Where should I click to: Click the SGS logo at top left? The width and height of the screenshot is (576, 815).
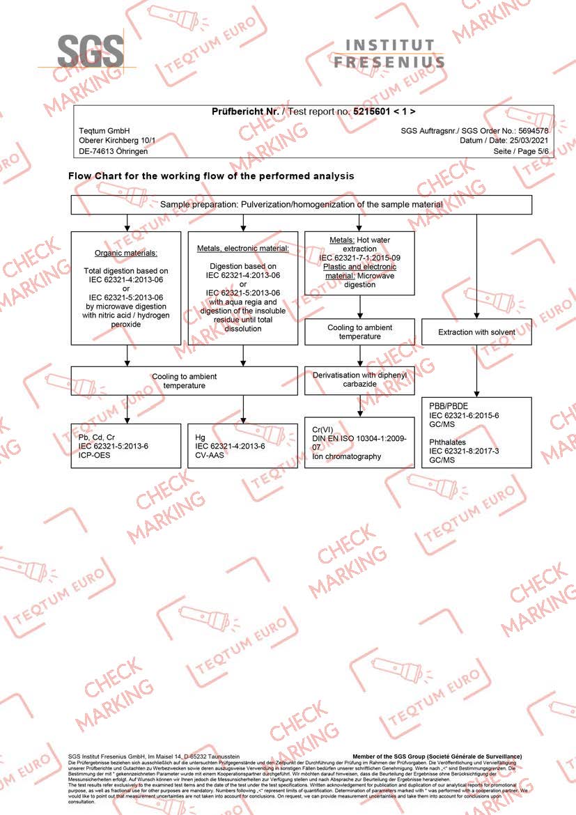pos(91,50)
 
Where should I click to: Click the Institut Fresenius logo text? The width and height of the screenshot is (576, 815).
pos(389,54)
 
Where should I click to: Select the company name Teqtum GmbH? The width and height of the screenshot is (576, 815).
pos(104,131)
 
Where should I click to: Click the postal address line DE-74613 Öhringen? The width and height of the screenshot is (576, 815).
pos(113,151)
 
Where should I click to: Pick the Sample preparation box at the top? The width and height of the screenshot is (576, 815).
pos(301,204)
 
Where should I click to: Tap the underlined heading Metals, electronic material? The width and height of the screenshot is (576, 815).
pos(242,248)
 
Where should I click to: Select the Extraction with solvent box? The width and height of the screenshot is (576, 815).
pos(476,332)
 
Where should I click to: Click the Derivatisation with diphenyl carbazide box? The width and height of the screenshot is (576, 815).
pos(359,380)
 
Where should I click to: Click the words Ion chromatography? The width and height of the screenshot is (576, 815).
pos(348,457)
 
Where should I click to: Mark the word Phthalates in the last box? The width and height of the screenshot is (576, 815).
pos(449,442)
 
